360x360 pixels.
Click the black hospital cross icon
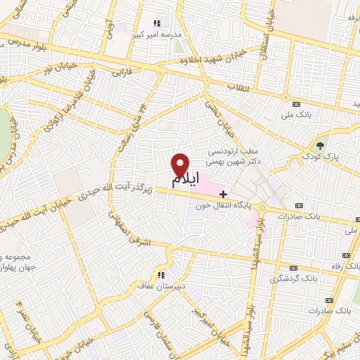[x=224, y=193]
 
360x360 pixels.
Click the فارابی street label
[x=122, y=72]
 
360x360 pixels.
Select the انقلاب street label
[x=240, y=87]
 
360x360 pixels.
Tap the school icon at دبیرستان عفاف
[x=160, y=275]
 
